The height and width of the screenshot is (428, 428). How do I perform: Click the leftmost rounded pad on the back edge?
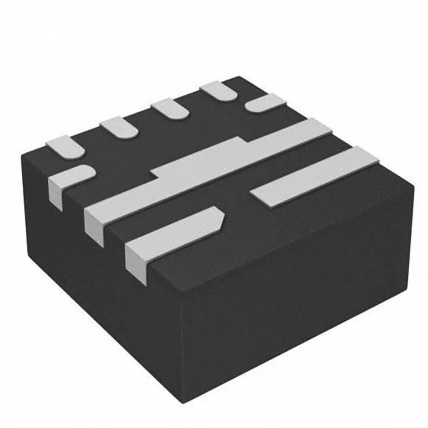tap(65, 146)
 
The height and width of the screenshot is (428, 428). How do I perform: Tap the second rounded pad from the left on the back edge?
tap(119, 127)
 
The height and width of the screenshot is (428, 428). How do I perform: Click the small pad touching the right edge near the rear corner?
tap(266, 103)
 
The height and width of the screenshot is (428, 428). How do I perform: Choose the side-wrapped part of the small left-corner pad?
tap(55, 192)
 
